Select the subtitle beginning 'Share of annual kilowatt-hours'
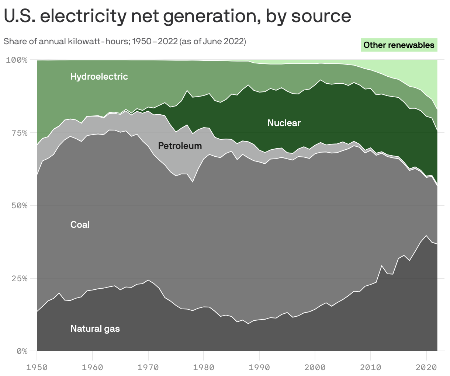(x=125, y=41)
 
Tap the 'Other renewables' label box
(x=399, y=45)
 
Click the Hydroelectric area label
(x=99, y=76)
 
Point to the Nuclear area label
(x=284, y=123)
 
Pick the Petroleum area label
(x=180, y=146)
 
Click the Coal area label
(x=80, y=224)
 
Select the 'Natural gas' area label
(x=95, y=328)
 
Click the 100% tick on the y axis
(x=17, y=60)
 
